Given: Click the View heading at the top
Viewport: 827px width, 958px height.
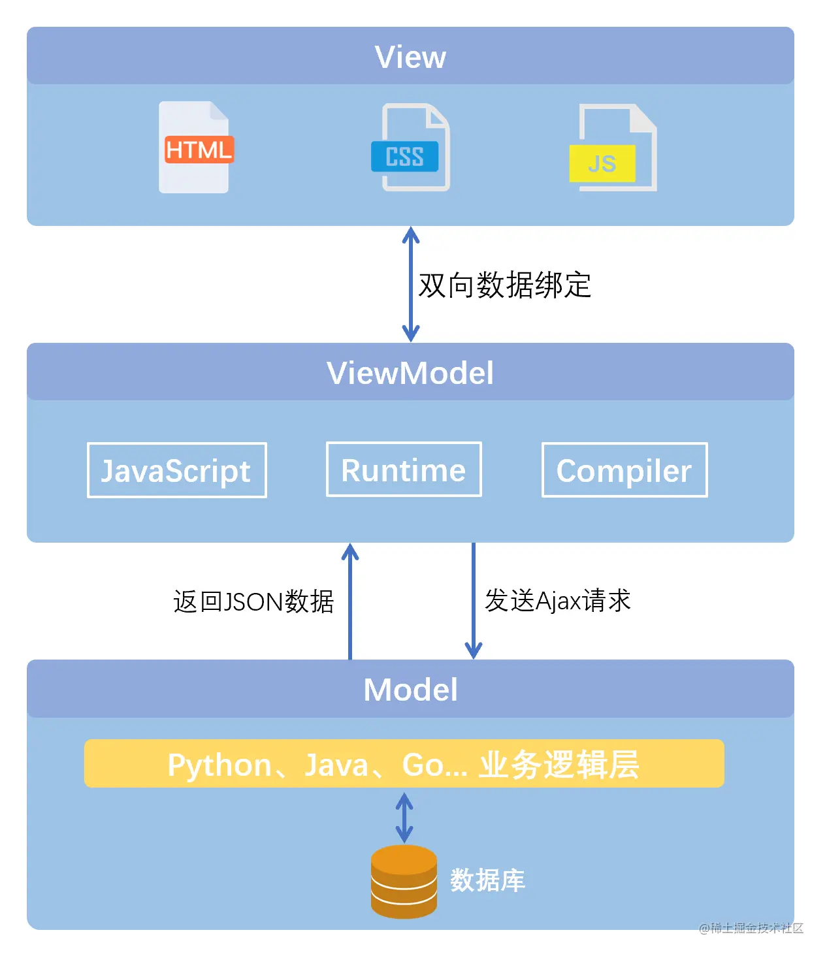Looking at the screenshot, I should (410, 57).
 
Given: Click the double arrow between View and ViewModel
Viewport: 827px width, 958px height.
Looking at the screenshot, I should (410, 284).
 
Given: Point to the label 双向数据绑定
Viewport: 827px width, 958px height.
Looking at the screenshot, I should (504, 285).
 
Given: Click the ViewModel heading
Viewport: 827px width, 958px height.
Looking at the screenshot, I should (410, 373).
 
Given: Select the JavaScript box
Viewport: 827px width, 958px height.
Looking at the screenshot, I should (176, 470).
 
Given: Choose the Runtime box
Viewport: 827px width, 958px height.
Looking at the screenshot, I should (404, 470).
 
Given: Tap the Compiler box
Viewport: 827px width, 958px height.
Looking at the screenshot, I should (624, 470).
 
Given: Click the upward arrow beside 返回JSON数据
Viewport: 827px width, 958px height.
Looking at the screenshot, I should (350, 601).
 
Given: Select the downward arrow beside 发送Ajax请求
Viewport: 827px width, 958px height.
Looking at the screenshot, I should (474, 601).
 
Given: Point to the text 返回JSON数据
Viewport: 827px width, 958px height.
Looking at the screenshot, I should (253, 601).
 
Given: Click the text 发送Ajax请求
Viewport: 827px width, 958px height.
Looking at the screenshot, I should (557, 600).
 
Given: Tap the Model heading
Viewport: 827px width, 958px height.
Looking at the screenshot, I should (410, 690).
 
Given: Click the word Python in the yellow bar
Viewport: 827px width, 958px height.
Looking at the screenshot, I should (219, 765).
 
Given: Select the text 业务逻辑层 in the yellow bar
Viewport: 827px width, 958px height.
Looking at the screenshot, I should (559, 765).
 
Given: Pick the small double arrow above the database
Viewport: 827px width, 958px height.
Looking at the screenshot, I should (404, 817).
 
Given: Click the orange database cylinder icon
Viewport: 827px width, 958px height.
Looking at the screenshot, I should (404, 881).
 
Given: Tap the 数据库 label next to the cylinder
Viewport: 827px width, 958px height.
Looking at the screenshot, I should (487, 880).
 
